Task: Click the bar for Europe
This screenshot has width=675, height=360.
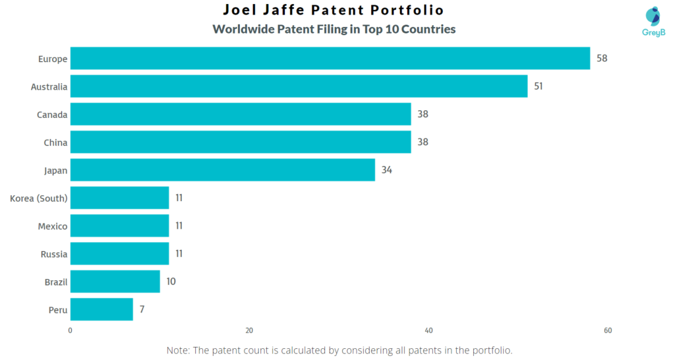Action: [330, 58]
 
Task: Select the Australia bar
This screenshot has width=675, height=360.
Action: [299, 86]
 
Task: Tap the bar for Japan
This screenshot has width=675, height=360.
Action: [222, 169]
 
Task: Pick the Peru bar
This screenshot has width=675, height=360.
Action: [102, 309]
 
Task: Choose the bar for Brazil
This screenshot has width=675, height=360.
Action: [115, 282]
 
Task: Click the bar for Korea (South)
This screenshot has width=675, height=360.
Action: [119, 198]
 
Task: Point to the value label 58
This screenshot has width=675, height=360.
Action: [601, 58]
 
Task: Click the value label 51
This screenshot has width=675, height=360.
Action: [539, 86]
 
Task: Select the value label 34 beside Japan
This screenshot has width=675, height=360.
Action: [387, 169]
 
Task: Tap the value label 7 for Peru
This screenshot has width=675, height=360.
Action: [142, 309]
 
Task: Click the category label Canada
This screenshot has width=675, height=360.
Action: [52, 115]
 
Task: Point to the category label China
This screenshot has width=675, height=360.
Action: [55, 142]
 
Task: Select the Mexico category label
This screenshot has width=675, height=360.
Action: [53, 226]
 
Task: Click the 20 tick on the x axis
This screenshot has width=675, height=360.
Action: [249, 331]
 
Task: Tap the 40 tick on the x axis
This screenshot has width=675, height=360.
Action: [428, 331]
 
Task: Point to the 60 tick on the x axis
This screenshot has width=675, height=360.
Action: [608, 331]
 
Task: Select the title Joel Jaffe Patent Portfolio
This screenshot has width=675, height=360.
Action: [333, 10]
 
